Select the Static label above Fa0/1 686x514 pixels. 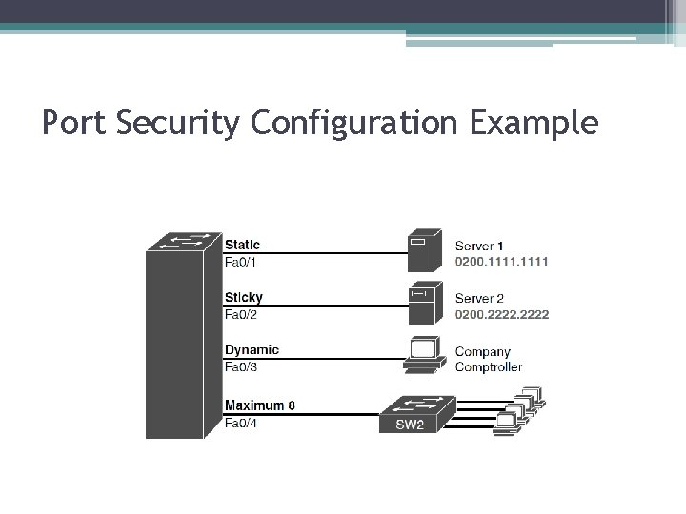(x=242, y=245)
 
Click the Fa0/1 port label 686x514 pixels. (x=240, y=262)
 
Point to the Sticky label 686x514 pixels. (x=243, y=297)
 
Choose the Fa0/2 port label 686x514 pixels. (x=240, y=314)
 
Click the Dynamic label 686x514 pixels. (x=252, y=349)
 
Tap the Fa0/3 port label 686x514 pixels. (x=240, y=366)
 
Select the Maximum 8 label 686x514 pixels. (x=259, y=405)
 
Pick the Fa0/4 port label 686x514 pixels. (x=240, y=423)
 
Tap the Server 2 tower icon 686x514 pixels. (x=423, y=302)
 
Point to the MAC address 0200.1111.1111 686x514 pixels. (x=501, y=262)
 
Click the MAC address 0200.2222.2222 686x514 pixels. (x=501, y=314)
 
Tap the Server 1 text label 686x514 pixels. (x=479, y=246)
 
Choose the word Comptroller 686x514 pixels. (x=488, y=366)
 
